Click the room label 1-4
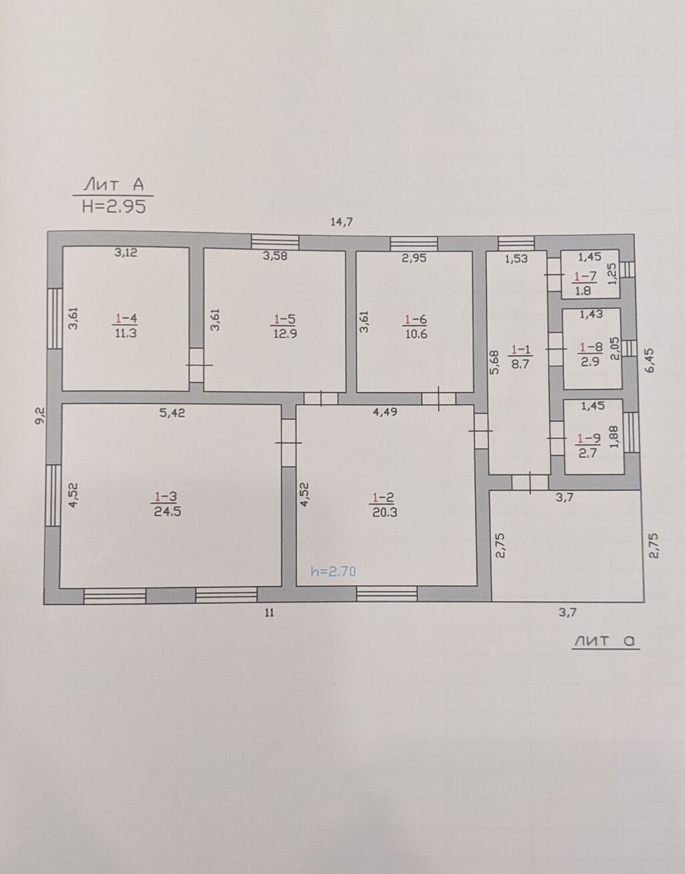point(126,319)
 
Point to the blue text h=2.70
point(333,571)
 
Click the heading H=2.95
point(114,207)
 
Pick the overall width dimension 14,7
point(341,221)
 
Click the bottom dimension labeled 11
point(270,613)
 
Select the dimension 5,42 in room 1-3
point(172,413)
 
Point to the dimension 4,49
point(385,412)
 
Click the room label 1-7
point(585,276)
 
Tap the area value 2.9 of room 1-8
point(589,362)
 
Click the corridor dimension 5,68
point(495,362)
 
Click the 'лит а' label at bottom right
point(606,641)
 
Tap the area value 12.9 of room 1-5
point(285,334)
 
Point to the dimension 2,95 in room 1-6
point(414,258)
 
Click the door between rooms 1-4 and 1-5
point(196,365)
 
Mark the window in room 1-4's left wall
point(55,318)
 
